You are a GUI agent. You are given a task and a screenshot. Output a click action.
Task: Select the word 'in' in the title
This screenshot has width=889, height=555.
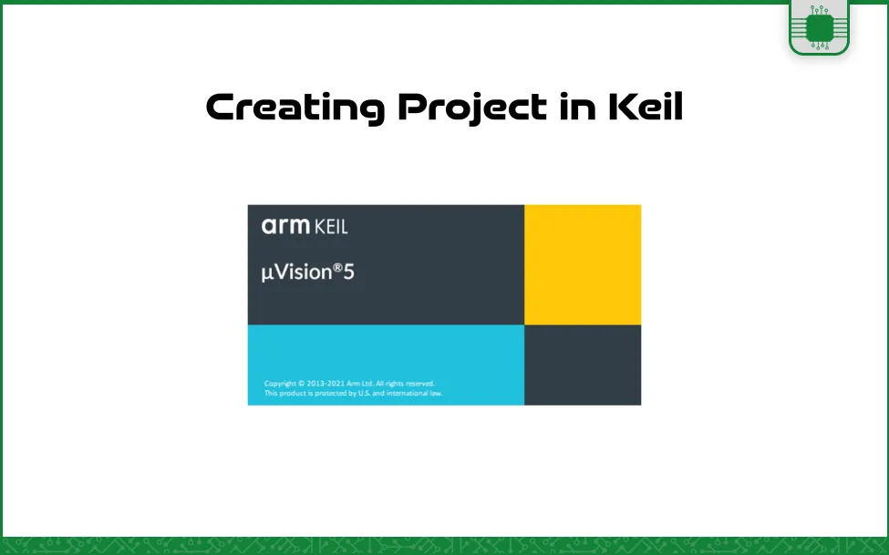pos(578,106)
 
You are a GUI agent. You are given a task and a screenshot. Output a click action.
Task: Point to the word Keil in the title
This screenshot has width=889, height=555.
pos(646,106)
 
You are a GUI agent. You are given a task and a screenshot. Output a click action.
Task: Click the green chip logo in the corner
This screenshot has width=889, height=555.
pos(819,27)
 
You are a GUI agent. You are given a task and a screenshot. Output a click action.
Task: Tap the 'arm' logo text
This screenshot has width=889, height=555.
pos(285,226)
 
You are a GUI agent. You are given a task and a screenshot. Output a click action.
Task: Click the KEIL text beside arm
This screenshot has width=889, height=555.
pos(331,227)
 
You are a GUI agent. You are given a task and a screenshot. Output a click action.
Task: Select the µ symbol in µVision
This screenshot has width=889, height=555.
pos(267,273)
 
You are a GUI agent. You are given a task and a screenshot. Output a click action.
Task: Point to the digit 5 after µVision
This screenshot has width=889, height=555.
pos(348,272)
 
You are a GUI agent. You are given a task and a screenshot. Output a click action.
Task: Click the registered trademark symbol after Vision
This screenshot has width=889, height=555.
pos(337,267)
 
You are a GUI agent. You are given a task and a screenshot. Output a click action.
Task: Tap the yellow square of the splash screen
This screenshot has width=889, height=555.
pos(583,265)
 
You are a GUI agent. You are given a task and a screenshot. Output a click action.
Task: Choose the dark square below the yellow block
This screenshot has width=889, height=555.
pos(583,365)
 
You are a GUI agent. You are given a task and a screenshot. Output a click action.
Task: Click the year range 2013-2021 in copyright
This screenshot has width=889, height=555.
pos(326,384)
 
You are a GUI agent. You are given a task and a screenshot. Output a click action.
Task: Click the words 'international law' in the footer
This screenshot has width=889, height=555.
pos(415,394)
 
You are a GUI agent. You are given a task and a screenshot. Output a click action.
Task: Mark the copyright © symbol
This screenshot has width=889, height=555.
pos(302,384)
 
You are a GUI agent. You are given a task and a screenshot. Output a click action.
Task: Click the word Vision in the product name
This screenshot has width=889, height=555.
pos(304,272)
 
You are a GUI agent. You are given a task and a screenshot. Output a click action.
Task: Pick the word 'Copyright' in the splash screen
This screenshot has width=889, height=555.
pos(280,385)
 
